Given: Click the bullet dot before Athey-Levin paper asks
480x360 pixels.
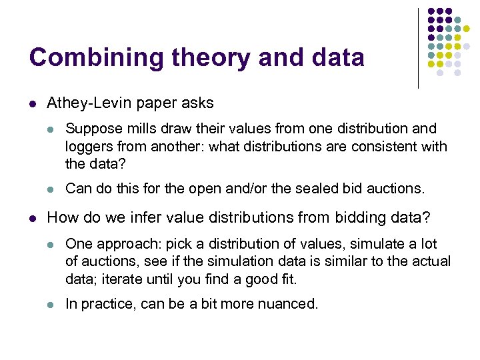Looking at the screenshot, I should point(33,103).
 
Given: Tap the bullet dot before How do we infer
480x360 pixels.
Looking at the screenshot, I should point(33,217).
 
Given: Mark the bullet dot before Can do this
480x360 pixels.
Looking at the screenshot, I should point(51,189).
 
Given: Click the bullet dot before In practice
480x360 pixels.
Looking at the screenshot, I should point(51,305).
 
